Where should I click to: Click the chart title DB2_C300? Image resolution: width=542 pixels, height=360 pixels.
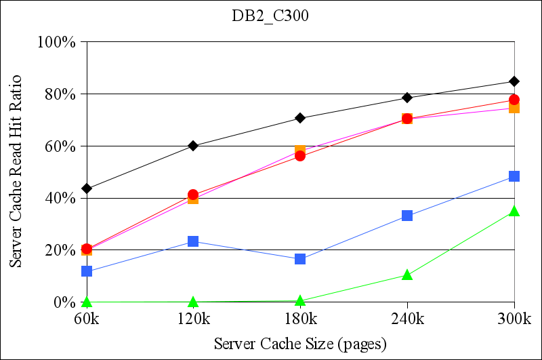(270, 17)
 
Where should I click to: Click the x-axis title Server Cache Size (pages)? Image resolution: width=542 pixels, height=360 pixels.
(300, 344)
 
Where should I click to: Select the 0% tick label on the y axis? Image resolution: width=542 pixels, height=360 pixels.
(64, 302)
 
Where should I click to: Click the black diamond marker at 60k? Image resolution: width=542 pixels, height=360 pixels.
(87, 188)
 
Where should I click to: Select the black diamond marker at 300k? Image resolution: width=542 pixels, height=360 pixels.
(514, 81)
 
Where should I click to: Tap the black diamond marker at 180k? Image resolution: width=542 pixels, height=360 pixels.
(300, 118)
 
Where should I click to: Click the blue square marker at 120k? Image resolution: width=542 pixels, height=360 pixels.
(193, 241)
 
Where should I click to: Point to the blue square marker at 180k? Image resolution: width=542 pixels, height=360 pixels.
(300, 259)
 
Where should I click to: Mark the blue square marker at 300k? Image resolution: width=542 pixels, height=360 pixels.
(514, 176)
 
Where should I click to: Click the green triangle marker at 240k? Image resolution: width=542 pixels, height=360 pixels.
(407, 275)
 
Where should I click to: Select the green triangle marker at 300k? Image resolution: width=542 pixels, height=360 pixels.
(514, 212)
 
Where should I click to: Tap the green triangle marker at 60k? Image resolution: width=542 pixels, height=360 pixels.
(87, 302)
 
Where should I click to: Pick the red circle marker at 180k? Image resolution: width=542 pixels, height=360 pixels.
(300, 156)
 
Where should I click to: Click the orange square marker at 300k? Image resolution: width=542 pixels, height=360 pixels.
(514, 108)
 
